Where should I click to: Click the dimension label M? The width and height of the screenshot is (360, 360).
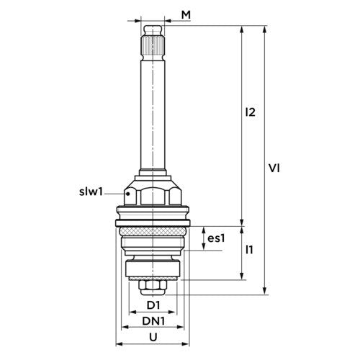[186, 15]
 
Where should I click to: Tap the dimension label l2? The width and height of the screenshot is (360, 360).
[250, 112]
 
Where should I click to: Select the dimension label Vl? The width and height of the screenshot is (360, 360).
[274, 168]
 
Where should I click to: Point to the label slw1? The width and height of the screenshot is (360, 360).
[91, 192]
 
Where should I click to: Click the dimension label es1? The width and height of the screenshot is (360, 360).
[217, 238]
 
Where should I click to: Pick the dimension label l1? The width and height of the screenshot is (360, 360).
[249, 250]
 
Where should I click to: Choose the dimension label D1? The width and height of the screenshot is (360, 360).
[153, 305]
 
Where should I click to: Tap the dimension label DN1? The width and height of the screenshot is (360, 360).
[153, 321]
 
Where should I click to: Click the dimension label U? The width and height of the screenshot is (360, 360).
[153, 337]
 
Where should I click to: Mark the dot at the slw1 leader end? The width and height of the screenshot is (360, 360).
[128, 194]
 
